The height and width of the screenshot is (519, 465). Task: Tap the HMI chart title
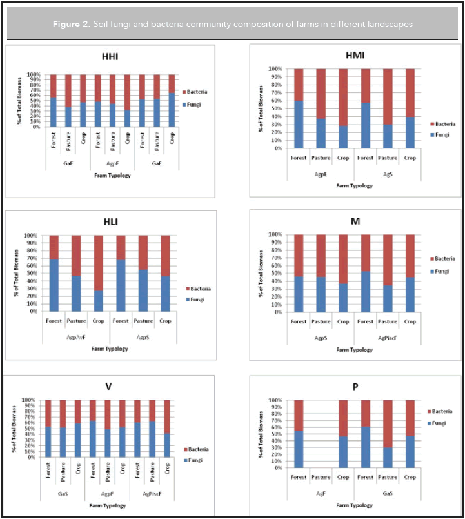[x=355, y=55]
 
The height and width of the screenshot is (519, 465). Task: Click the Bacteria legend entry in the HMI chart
[x=442, y=123]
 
